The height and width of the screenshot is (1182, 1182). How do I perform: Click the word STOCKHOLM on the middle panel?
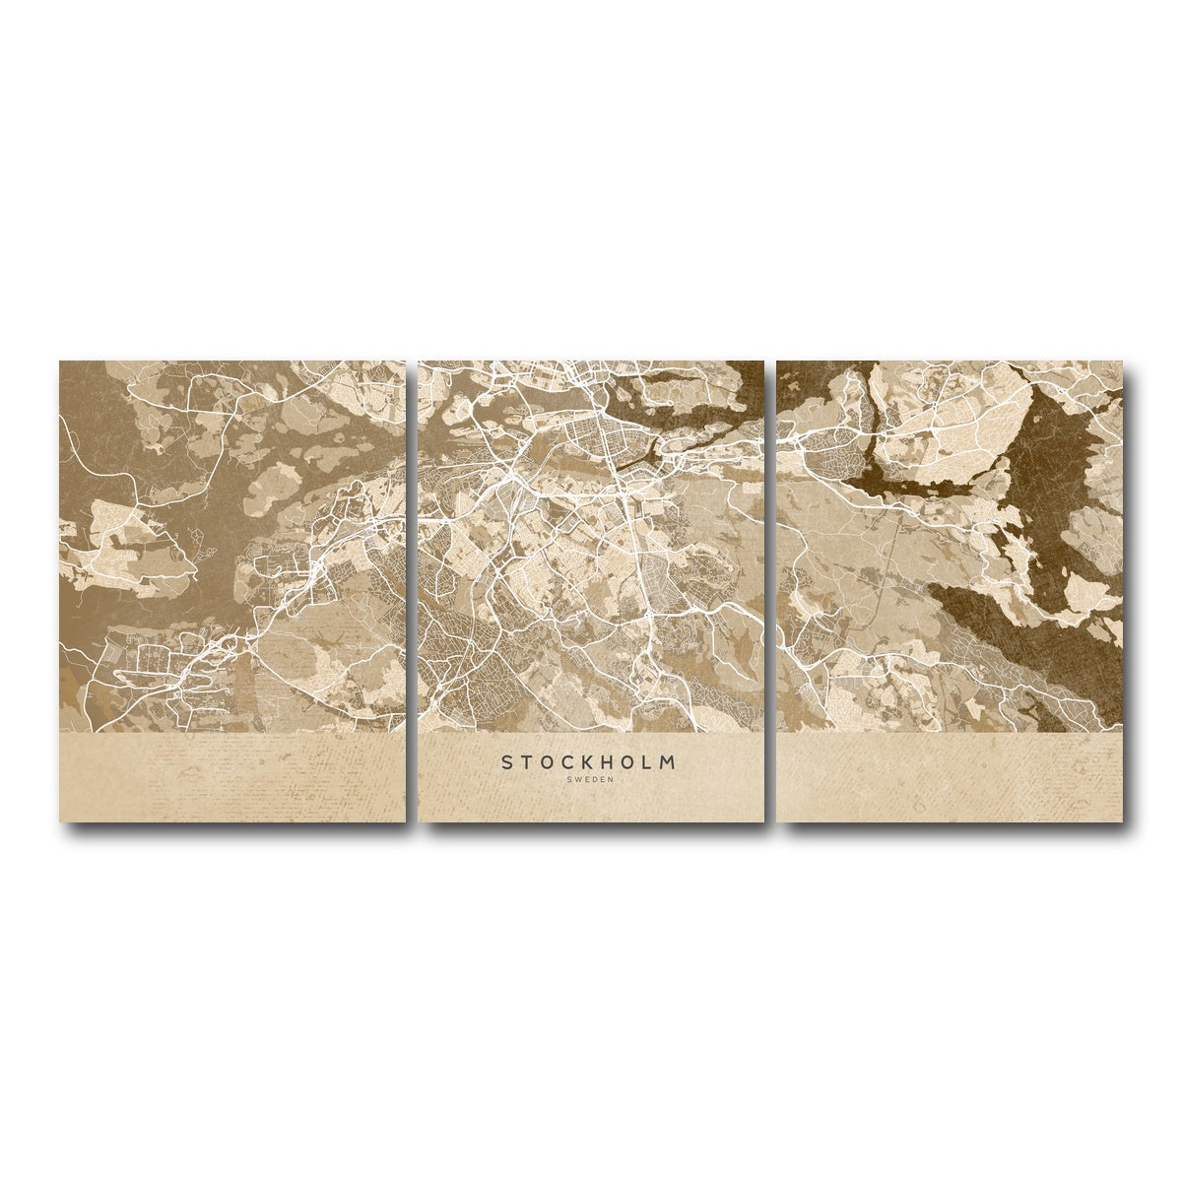coord(589,761)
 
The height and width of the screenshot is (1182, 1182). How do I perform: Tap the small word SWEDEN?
coord(589,780)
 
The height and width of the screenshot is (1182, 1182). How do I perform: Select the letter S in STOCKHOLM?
coord(508,761)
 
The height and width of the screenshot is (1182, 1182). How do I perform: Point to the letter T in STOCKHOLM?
coord(528,761)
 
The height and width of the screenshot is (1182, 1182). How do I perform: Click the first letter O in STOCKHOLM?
coord(549,761)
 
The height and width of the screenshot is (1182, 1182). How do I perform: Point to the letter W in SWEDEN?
coord(577,780)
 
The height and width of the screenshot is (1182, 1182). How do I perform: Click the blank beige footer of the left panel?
coord(232,778)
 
